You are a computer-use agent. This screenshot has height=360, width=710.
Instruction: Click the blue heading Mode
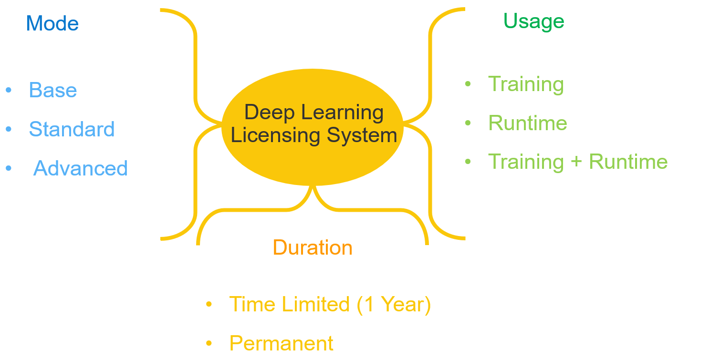(52, 23)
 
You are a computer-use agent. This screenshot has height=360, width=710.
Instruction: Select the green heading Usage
(533, 21)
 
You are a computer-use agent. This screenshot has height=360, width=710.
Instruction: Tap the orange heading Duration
(313, 248)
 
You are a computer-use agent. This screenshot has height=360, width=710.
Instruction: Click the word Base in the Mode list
(53, 90)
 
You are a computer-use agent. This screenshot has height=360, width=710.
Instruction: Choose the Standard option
(72, 129)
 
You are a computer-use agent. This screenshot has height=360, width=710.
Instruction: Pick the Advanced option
(80, 168)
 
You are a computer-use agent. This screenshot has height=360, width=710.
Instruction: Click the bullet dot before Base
(9, 90)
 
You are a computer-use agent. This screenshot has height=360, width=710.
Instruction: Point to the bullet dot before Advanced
(9, 168)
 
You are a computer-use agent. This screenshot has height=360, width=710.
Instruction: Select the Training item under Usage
(526, 84)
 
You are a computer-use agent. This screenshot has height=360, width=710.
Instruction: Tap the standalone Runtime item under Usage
(527, 123)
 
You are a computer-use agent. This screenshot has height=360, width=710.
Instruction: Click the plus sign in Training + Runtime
(576, 162)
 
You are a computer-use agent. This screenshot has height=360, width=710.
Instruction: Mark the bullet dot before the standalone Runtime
(468, 123)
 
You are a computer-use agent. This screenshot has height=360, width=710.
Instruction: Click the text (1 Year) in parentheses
(394, 304)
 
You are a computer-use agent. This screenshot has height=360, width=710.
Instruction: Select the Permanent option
(281, 343)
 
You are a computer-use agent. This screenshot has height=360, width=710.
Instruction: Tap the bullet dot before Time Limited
(209, 304)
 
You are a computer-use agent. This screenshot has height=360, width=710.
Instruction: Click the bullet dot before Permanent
(209, 343)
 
